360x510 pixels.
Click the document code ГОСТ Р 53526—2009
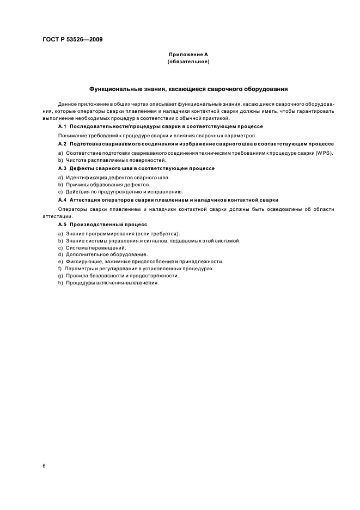pyautogui.click(x=73, y=40)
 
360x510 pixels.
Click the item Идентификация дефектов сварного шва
pyautogui.click(x=117, y=177)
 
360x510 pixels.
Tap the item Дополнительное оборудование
pyautogui.click(x=101, y=254)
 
